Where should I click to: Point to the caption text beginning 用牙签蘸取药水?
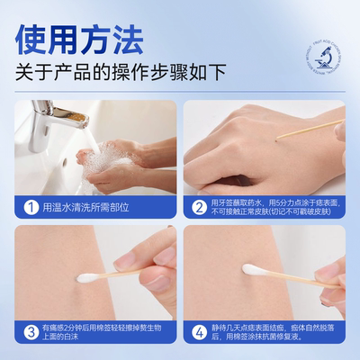pyautogui.click(x=274, y=208)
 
